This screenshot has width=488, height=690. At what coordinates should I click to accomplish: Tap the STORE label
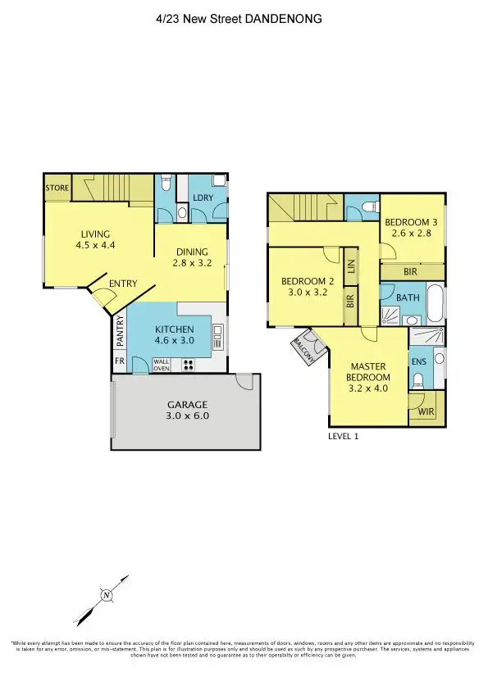tap(57, 188)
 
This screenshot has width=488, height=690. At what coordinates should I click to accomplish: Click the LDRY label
tap(203, 198)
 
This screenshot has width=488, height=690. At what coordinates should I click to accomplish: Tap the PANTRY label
tap(120, 333)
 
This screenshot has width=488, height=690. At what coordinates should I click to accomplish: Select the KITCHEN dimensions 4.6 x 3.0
tap(174, 344)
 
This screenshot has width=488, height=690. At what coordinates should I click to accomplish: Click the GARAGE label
tap(189, 404)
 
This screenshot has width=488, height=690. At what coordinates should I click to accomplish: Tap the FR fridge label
tap(120, 361)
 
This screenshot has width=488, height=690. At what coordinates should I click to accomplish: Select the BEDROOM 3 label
tap(413, 222)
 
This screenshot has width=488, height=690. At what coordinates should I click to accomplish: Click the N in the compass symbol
tap(106, 595)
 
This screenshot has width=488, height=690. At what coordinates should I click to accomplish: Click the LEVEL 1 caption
tap(344, 437)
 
